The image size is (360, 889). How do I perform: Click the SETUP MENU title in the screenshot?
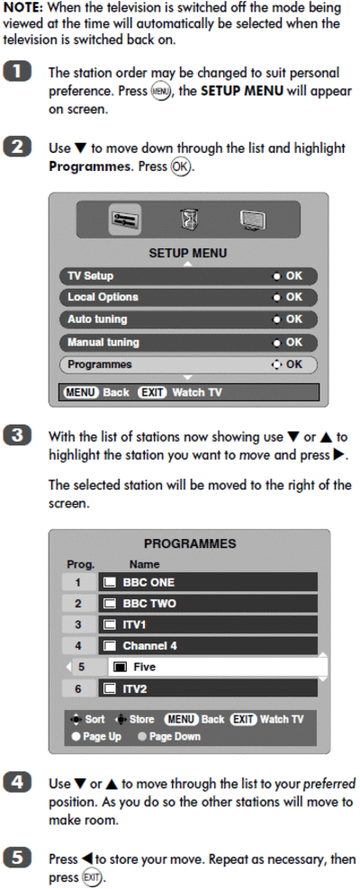188,253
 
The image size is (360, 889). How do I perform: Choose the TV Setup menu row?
188,276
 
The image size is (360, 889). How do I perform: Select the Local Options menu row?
188,297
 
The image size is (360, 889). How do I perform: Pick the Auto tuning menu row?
188,319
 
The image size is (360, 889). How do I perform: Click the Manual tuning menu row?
188,343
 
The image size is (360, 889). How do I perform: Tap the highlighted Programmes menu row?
188,364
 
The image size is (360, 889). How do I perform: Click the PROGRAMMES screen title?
190,543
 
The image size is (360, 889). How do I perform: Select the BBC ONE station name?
148,582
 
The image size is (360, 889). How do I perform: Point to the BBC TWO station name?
149,604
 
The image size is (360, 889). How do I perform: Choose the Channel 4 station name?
146,646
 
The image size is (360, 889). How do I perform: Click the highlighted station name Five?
144,668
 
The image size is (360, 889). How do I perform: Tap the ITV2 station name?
134,689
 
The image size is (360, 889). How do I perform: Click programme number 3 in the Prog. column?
78,624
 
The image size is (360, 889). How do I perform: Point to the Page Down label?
175,737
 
